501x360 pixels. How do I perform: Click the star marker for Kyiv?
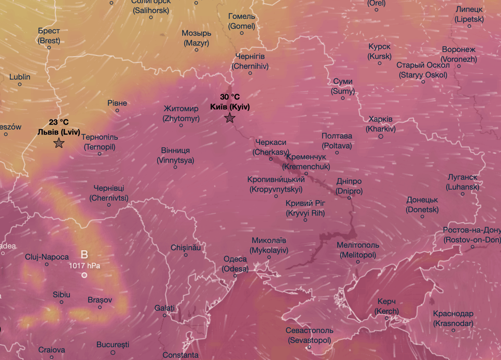[230, 118]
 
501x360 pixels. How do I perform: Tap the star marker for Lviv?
[59, 143]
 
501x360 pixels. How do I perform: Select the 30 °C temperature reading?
[230, 97]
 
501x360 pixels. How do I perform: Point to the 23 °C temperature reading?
[59, 122]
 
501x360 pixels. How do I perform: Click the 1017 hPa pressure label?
[84, 265]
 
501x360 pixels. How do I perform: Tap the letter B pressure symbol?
[84, 255]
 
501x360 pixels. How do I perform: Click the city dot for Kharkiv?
[381, 137]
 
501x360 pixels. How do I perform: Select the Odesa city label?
[235, 264]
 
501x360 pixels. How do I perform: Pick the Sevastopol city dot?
[310, 347]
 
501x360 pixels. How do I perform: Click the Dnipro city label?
[349, 186]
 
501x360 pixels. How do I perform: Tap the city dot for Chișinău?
[186, 255]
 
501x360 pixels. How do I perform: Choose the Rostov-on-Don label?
[471, 235]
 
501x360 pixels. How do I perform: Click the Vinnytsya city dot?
[175, 167]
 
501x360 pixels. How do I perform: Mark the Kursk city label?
[380, 52]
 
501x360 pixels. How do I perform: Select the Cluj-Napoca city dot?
[47, 264]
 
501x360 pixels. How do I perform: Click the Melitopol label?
[358, 250]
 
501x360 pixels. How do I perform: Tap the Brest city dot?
[49, 47]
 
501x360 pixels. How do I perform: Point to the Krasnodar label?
[453, 318]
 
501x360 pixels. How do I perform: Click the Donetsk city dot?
[422, 217]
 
